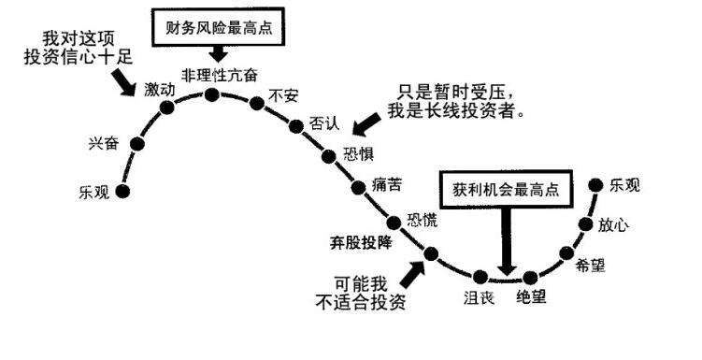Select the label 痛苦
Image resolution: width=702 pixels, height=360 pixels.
tap(386, 183)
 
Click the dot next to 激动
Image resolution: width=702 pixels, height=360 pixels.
tap(167, 108)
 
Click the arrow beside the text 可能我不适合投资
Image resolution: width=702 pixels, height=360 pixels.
tap(408, 274)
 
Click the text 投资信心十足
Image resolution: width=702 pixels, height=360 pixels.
tap(78, 57)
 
